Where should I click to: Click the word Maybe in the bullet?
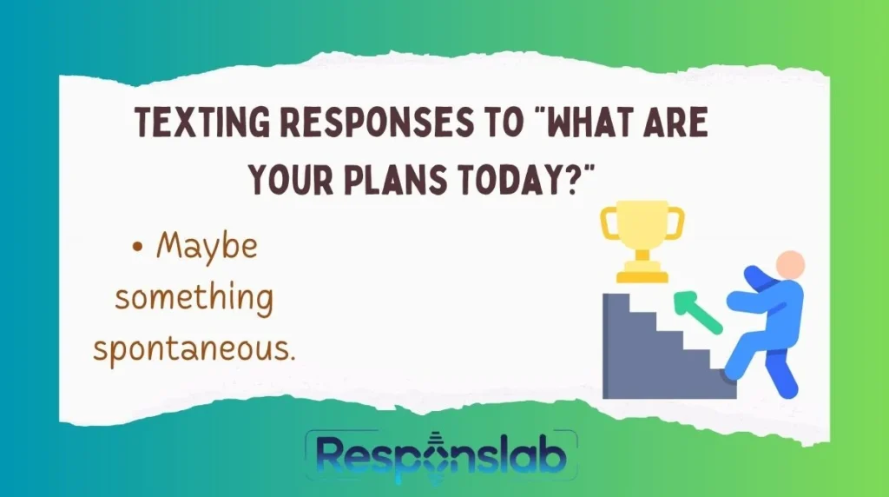[x=207, y=247]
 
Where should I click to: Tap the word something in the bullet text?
[x=194, y=298]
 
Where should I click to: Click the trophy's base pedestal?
[x=642, y=276]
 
